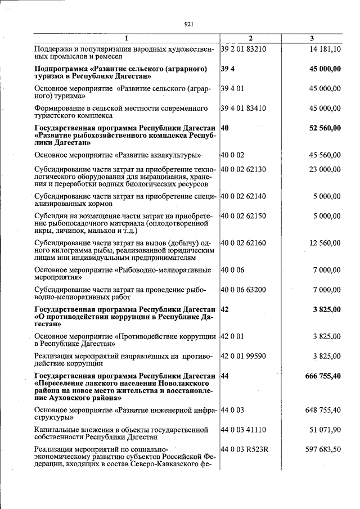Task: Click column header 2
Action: (x=251, y=38)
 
